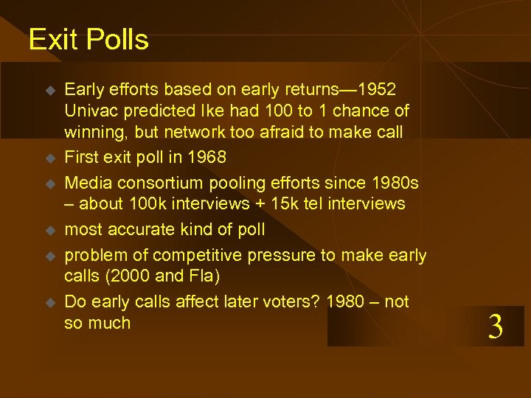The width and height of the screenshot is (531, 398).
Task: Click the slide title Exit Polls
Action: click(x=88, y=39)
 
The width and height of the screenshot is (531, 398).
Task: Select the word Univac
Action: click(x=91, y=111)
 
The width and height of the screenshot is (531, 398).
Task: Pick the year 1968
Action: click(x=203, y=157)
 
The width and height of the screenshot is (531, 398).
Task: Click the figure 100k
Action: click(x=152, y=203)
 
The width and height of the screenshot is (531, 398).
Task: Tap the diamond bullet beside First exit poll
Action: click(x=50, y=158)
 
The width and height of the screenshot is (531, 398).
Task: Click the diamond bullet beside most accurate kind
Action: click(x=50, y=230)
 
